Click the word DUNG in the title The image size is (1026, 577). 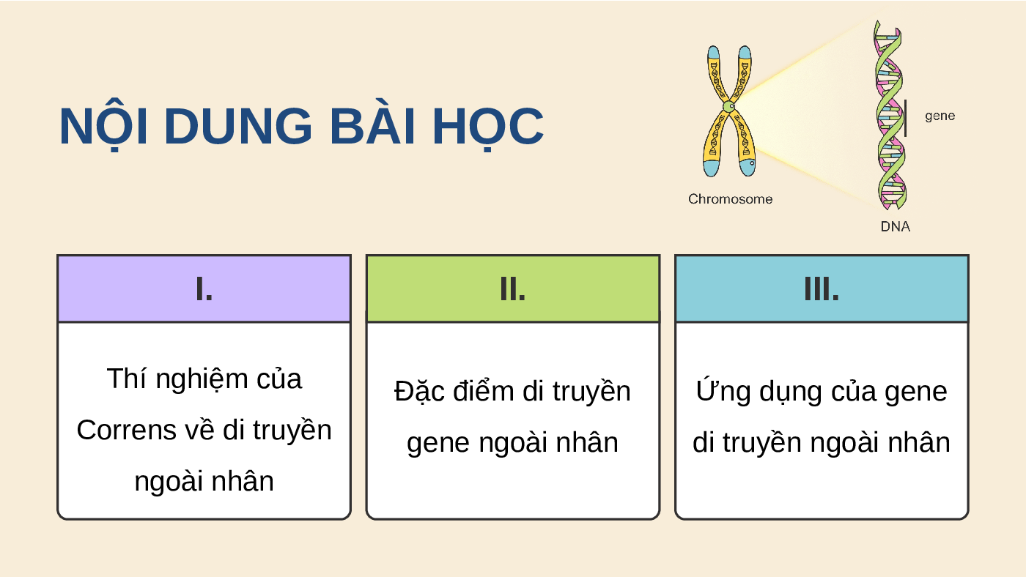[237, 126]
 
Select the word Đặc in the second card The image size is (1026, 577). [419, 392]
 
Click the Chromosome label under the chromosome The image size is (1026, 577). [730, 199]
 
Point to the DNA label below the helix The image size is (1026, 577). [895, 226]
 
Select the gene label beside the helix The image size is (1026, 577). [940, 116]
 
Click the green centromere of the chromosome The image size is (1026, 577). [728, 107]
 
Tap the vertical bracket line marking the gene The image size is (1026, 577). [906, 118]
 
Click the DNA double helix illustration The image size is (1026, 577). [890, 114]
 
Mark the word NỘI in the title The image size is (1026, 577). [103, 125]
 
